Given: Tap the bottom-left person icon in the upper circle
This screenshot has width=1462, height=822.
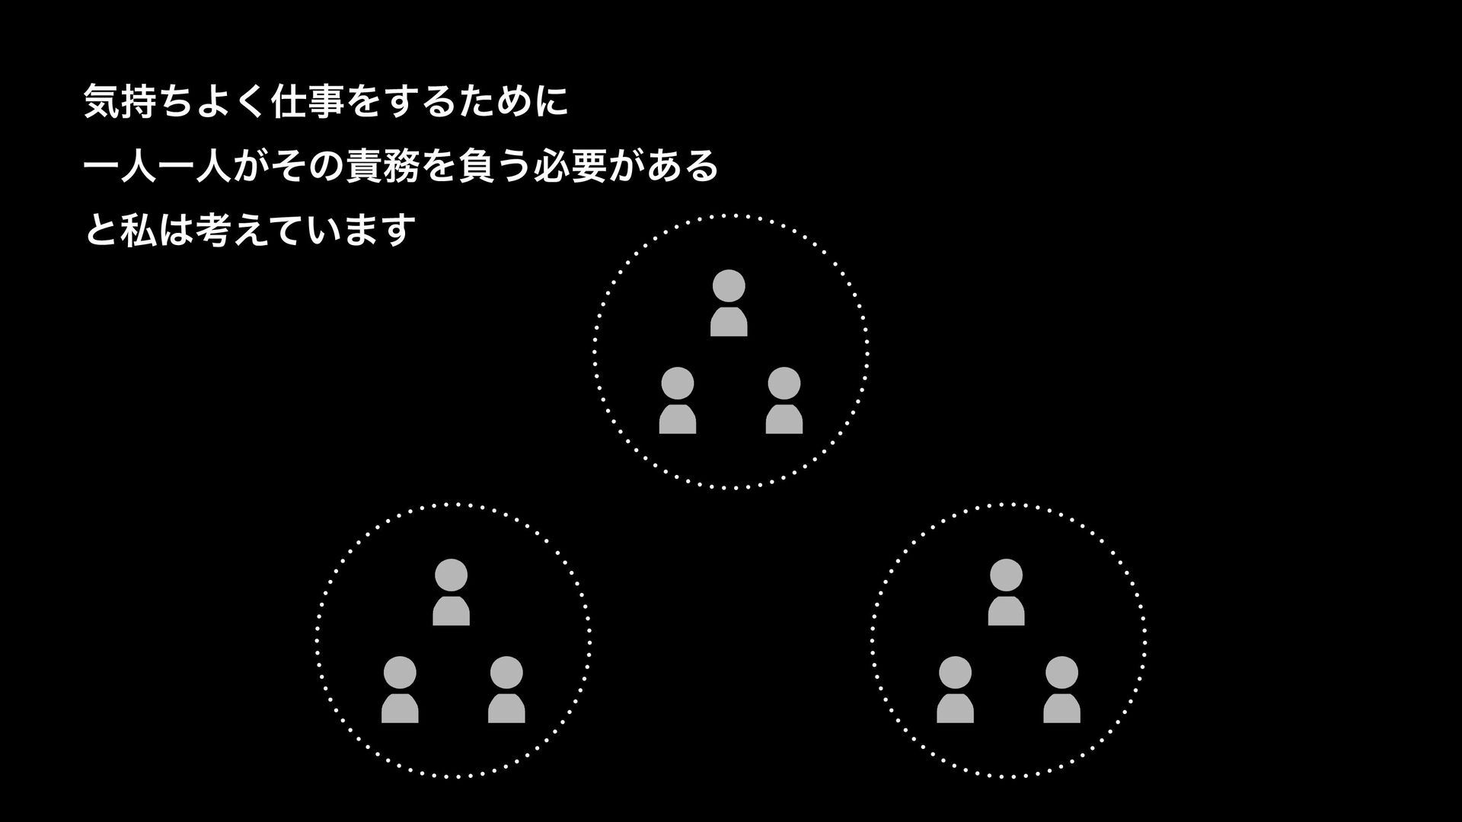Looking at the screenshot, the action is [x=678, y=400].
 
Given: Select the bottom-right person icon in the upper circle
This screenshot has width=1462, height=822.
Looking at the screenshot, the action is [x=784, y=400].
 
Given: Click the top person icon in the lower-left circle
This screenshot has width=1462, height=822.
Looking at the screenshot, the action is [x=452, y=592].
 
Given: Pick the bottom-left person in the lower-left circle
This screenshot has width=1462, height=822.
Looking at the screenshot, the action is [x=400, y=690].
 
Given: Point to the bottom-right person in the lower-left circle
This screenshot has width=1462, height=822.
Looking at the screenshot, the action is [x=506, y=690].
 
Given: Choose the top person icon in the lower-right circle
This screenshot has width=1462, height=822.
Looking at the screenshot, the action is [x=1006, y=592].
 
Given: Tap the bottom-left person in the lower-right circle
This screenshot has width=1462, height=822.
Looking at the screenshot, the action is [x=955, y=690].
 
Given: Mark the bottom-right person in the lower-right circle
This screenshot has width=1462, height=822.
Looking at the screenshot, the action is [x=1061, y=690].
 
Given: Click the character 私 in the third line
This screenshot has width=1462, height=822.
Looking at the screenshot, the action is [x=138, y=231].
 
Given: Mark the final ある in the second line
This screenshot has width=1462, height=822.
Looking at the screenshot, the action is [x=682, y=167].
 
